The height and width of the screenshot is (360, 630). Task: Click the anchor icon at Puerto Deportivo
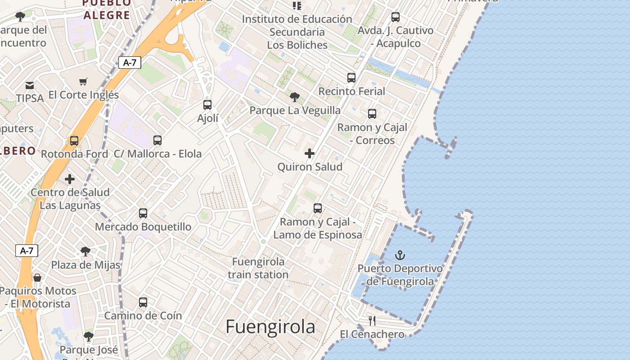point(400,256)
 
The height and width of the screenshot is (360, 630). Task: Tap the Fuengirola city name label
point(270,327)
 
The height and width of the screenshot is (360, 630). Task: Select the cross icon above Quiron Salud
point(310,153)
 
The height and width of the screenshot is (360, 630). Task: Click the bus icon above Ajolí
point(207,105)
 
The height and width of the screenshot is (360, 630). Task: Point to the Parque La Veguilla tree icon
point(295,97)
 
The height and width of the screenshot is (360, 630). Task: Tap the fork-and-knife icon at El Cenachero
point(372,321)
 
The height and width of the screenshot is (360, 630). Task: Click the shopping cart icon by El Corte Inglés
point(83,81)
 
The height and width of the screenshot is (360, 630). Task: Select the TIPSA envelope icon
point(30,85)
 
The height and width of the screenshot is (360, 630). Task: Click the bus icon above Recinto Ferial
point(351,78)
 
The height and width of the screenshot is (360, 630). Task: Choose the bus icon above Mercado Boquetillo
point(143,213)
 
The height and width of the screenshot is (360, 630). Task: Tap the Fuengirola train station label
point(258,268)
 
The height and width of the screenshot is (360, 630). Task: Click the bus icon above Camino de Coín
point(143,302)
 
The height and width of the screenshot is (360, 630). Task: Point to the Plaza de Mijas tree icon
point(85,251)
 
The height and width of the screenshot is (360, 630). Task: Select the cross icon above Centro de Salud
point(70,179)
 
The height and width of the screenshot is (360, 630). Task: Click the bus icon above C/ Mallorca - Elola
point(157,140)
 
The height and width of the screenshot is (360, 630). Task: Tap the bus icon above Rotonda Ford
point(74,141)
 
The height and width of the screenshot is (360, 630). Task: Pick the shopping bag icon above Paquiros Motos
point(38,278)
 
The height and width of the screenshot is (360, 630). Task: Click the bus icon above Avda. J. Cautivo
point(396,17)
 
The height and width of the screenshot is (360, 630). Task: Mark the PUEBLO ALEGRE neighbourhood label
point(107,9)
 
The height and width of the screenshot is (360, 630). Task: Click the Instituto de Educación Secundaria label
point(297,32)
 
